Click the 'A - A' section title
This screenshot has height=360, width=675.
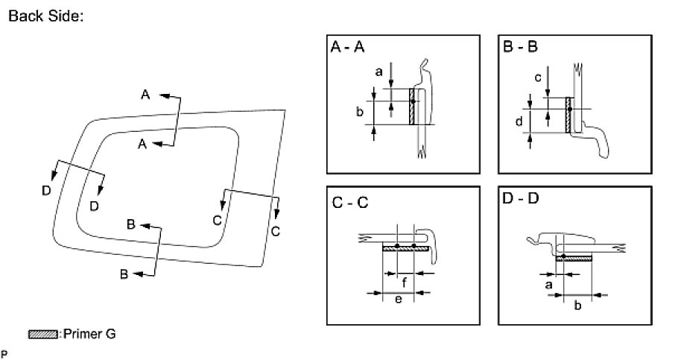348,48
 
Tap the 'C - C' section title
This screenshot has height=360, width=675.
349,201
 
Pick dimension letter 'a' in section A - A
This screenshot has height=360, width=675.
378,72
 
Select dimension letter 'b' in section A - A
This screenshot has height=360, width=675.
359,112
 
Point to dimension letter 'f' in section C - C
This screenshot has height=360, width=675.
403,282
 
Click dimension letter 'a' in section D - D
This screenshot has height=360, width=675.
548,284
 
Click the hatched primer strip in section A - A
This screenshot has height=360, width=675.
411,107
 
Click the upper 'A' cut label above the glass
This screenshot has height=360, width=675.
145,94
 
